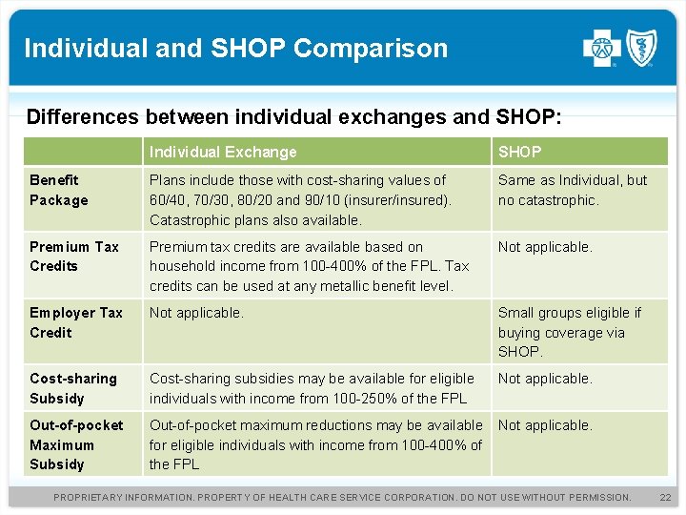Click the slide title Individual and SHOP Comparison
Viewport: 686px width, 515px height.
[235, 48]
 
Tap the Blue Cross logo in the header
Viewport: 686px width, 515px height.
[601, 47]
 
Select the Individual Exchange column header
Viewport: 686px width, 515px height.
[223, 152]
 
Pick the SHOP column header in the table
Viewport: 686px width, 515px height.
[519, 152]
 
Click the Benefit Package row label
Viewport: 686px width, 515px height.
[59, 190]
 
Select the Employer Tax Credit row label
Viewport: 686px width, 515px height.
[76, 322]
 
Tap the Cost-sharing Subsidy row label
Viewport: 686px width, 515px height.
[73, 388]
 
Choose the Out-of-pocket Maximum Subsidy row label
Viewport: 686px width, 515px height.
[76, 444]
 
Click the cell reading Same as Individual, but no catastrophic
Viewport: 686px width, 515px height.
[572, 190]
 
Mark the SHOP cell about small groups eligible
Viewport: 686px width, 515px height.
[569, 332]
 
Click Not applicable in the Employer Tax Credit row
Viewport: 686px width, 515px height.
[196, 313]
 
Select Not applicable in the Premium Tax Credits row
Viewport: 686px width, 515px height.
[545, 247]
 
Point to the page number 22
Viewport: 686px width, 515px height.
[665, 497]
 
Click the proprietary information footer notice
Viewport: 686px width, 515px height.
[342, 497]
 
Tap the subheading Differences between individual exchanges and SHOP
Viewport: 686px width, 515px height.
[294, 117]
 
